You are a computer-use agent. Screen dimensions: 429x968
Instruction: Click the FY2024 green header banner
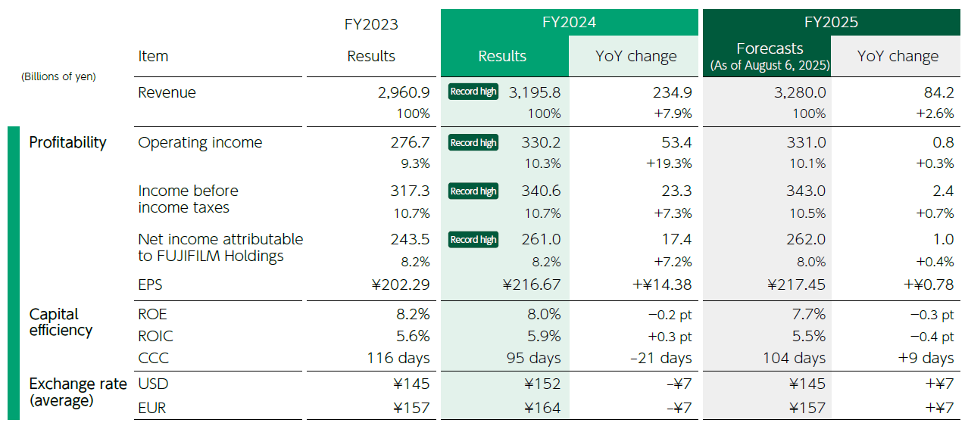(569, 22)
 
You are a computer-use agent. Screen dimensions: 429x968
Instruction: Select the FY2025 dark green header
(831, 22)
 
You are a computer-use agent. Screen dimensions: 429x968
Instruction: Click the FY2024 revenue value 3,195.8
(535, 92)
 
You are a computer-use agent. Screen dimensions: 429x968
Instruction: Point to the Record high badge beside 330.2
(473, 143)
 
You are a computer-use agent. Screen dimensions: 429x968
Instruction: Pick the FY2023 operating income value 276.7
(410, 142)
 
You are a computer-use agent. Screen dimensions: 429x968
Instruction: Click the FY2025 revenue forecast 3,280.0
(795, 92)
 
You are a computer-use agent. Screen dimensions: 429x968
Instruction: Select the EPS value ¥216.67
(532, 285)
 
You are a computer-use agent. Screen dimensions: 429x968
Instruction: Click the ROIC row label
(155, 336)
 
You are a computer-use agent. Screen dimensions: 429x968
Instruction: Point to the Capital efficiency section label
(61, 322)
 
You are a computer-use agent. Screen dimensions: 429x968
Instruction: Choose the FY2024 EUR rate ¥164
(543, 409)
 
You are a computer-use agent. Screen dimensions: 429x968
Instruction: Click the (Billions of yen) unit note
(58, 76)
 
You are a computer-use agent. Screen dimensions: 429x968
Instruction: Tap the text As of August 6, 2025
(770, 66)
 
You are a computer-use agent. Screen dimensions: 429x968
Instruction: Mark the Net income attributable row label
(220, 247)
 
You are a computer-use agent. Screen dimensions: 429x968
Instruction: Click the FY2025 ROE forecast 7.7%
(807, 314)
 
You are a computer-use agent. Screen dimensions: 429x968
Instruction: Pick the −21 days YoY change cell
(660, 358)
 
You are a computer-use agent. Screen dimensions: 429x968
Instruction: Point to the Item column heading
(153, 56)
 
